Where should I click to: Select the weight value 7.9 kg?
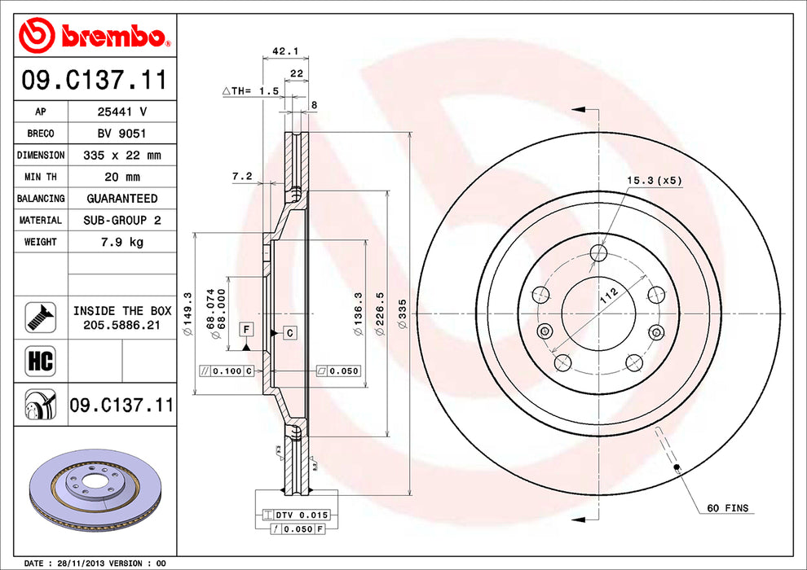coord(122,242)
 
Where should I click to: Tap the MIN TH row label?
coord(41,177)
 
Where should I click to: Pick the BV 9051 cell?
coord(122,134)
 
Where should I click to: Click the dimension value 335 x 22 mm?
coord(122,156)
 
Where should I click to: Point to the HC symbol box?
coord(41,360)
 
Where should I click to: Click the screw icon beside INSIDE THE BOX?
coord(41,317)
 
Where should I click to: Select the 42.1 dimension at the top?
coord(285,50)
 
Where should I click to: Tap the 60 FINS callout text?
coord(727,508)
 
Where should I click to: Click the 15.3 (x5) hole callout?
coord(654,181)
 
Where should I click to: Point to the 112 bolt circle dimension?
coord(609,296)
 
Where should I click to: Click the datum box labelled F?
coord(247,329)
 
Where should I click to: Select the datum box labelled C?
coord(289,333)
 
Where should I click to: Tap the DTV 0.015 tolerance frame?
coord(295,515)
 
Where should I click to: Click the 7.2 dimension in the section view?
coord(242,177)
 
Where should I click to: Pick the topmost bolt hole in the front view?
coord(598,253)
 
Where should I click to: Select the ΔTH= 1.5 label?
coord(250,91)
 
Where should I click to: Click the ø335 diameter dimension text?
coord(402,314)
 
